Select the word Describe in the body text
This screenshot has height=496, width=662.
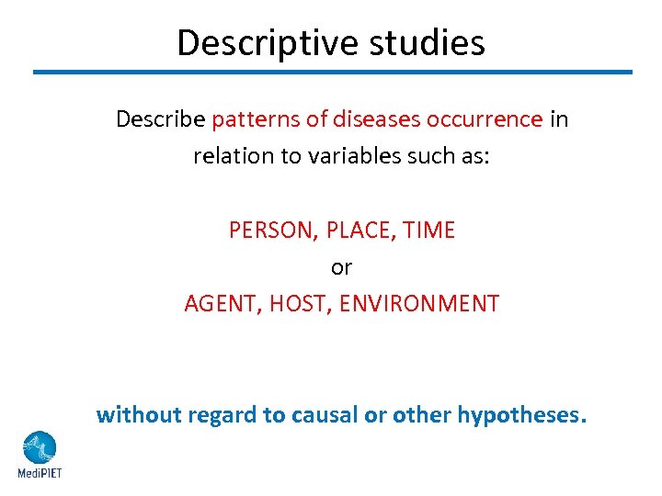(160, 119)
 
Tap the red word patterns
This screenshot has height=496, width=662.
(248, 119)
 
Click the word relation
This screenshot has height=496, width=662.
(224, 156)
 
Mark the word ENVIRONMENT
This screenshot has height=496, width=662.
(419, 304)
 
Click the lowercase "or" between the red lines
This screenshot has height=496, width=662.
(341, 267)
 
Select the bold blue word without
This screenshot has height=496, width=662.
(139, 415)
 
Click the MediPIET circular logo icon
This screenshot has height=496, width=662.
(39, 447)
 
